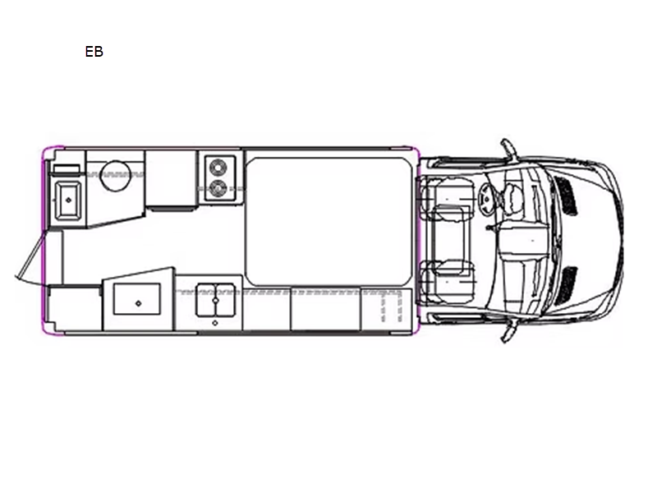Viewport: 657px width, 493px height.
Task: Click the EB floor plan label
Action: pos(94,52)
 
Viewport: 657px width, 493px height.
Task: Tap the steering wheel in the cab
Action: pos(486,199)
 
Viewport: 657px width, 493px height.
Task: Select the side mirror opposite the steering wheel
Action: pos(508,331)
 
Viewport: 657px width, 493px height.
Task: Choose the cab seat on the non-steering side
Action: pos(447,281)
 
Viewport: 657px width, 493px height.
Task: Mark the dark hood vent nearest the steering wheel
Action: pos(566,196)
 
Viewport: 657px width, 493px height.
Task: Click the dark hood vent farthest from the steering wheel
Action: pos(566,286)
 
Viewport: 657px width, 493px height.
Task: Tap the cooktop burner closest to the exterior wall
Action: pos(218,168)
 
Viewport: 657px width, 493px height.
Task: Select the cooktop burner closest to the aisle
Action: pos(218,188)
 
